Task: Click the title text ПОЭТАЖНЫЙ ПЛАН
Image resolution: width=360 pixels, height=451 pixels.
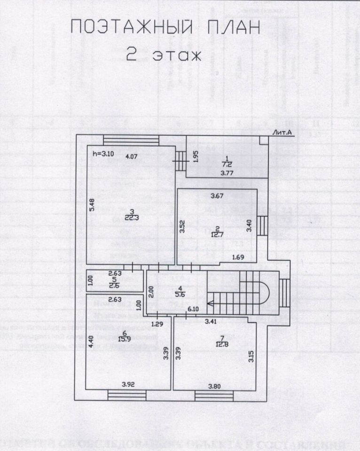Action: (165, 27)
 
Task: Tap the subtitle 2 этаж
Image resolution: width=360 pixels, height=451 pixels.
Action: (164, 55)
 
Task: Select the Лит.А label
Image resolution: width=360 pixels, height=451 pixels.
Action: (282, 133)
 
